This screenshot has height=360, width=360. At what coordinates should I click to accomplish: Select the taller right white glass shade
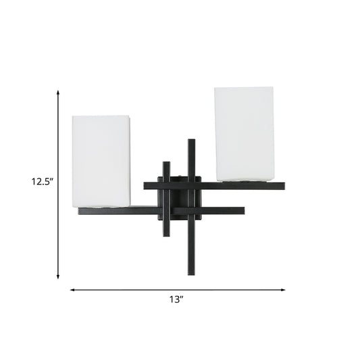(244, 133)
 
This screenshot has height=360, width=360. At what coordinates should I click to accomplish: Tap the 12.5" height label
(41, 181)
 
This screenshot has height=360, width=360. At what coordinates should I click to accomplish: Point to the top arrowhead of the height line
(58, 91)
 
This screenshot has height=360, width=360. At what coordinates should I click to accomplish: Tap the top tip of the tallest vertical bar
(191, 140)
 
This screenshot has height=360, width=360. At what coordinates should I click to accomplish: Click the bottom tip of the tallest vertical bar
(191, 274)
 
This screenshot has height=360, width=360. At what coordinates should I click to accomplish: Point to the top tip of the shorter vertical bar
(165, 161)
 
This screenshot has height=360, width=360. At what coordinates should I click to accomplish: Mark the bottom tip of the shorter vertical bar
(165, 237)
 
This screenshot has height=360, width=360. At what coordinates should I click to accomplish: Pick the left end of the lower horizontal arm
(80, 211)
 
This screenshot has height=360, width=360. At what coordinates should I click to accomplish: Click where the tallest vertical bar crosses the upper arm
(191, 184)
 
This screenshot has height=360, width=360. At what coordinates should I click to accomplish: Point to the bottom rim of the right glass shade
(244, 180)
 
